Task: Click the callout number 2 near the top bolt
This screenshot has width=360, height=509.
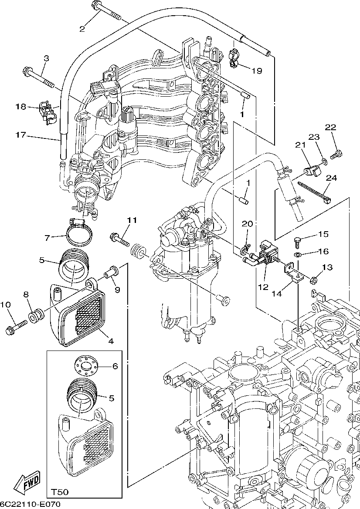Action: tap(82, 29)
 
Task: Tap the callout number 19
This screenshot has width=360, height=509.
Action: tap(257, 71)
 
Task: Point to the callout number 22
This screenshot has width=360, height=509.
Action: tap(331, 127)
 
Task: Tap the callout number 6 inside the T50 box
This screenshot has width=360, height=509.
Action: tap(115, 366)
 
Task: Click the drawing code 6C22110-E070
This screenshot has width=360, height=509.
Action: tap(30, 504)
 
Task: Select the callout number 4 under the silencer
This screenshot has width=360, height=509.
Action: tap(111, 341)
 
